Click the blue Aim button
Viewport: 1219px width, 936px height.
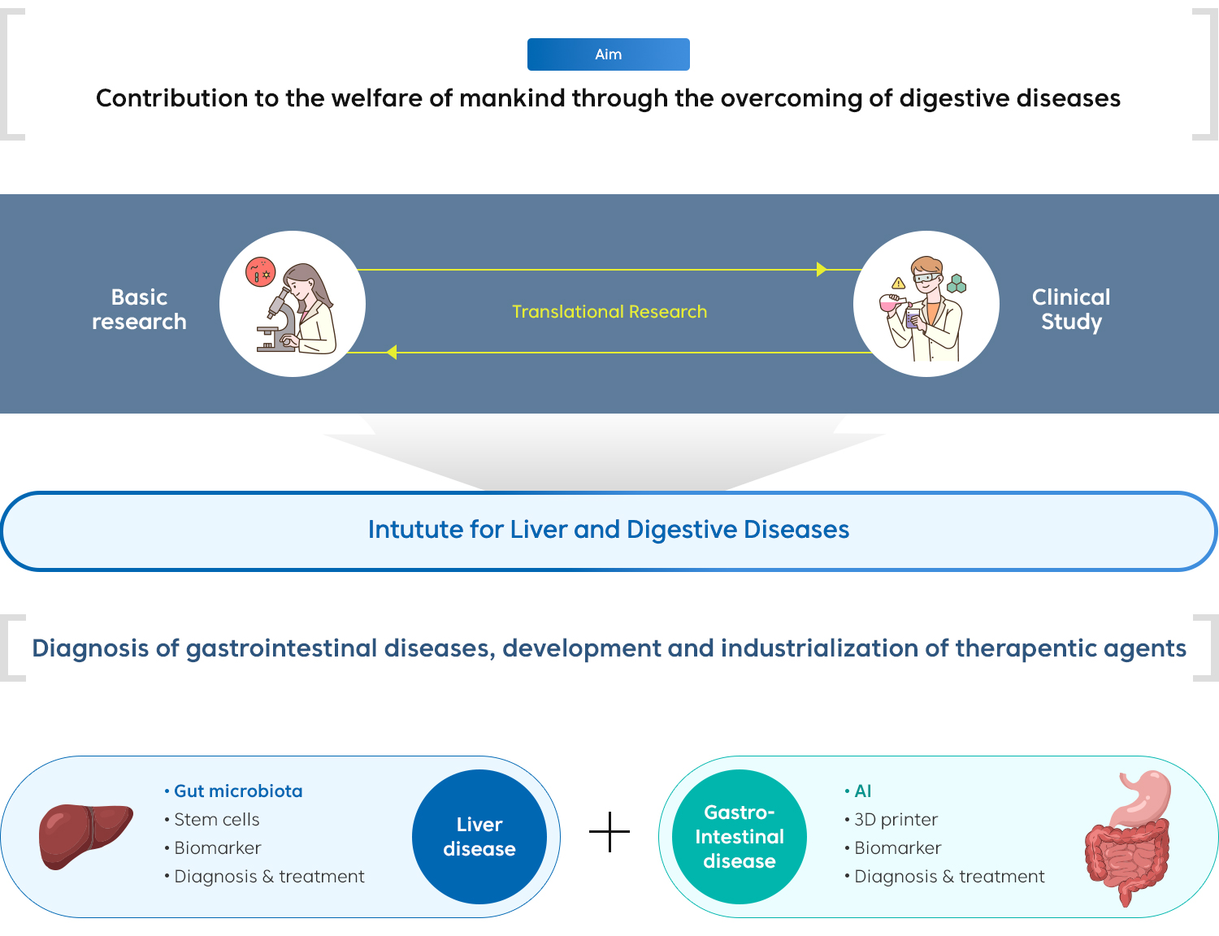coord(608,54)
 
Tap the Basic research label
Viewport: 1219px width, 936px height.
coord(139,310)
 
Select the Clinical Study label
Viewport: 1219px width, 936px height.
coord(1071,310)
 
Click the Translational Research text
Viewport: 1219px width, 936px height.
coord(609,312)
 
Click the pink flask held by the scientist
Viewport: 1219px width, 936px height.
coord(890,304)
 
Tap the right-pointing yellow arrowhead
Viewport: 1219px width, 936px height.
coord(822,269)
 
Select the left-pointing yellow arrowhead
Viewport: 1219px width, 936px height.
coord(392,352)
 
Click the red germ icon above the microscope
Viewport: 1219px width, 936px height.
coord(260,272)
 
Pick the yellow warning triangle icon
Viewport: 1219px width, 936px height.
coord(898,284)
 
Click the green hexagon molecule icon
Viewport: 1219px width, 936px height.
coord(957,284)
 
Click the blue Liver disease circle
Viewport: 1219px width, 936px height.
coord(479,837)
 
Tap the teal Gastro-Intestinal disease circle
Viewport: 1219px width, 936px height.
coord(740,837)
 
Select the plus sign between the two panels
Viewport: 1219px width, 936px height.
coord(609,832)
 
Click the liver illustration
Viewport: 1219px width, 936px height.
coord(85,834)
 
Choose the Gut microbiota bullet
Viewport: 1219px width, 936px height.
coord(237,791)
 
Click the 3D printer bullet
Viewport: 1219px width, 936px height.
coord(896,820)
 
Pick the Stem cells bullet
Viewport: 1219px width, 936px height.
coord(216,820)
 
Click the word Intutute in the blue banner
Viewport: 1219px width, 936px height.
coord(415,530)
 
